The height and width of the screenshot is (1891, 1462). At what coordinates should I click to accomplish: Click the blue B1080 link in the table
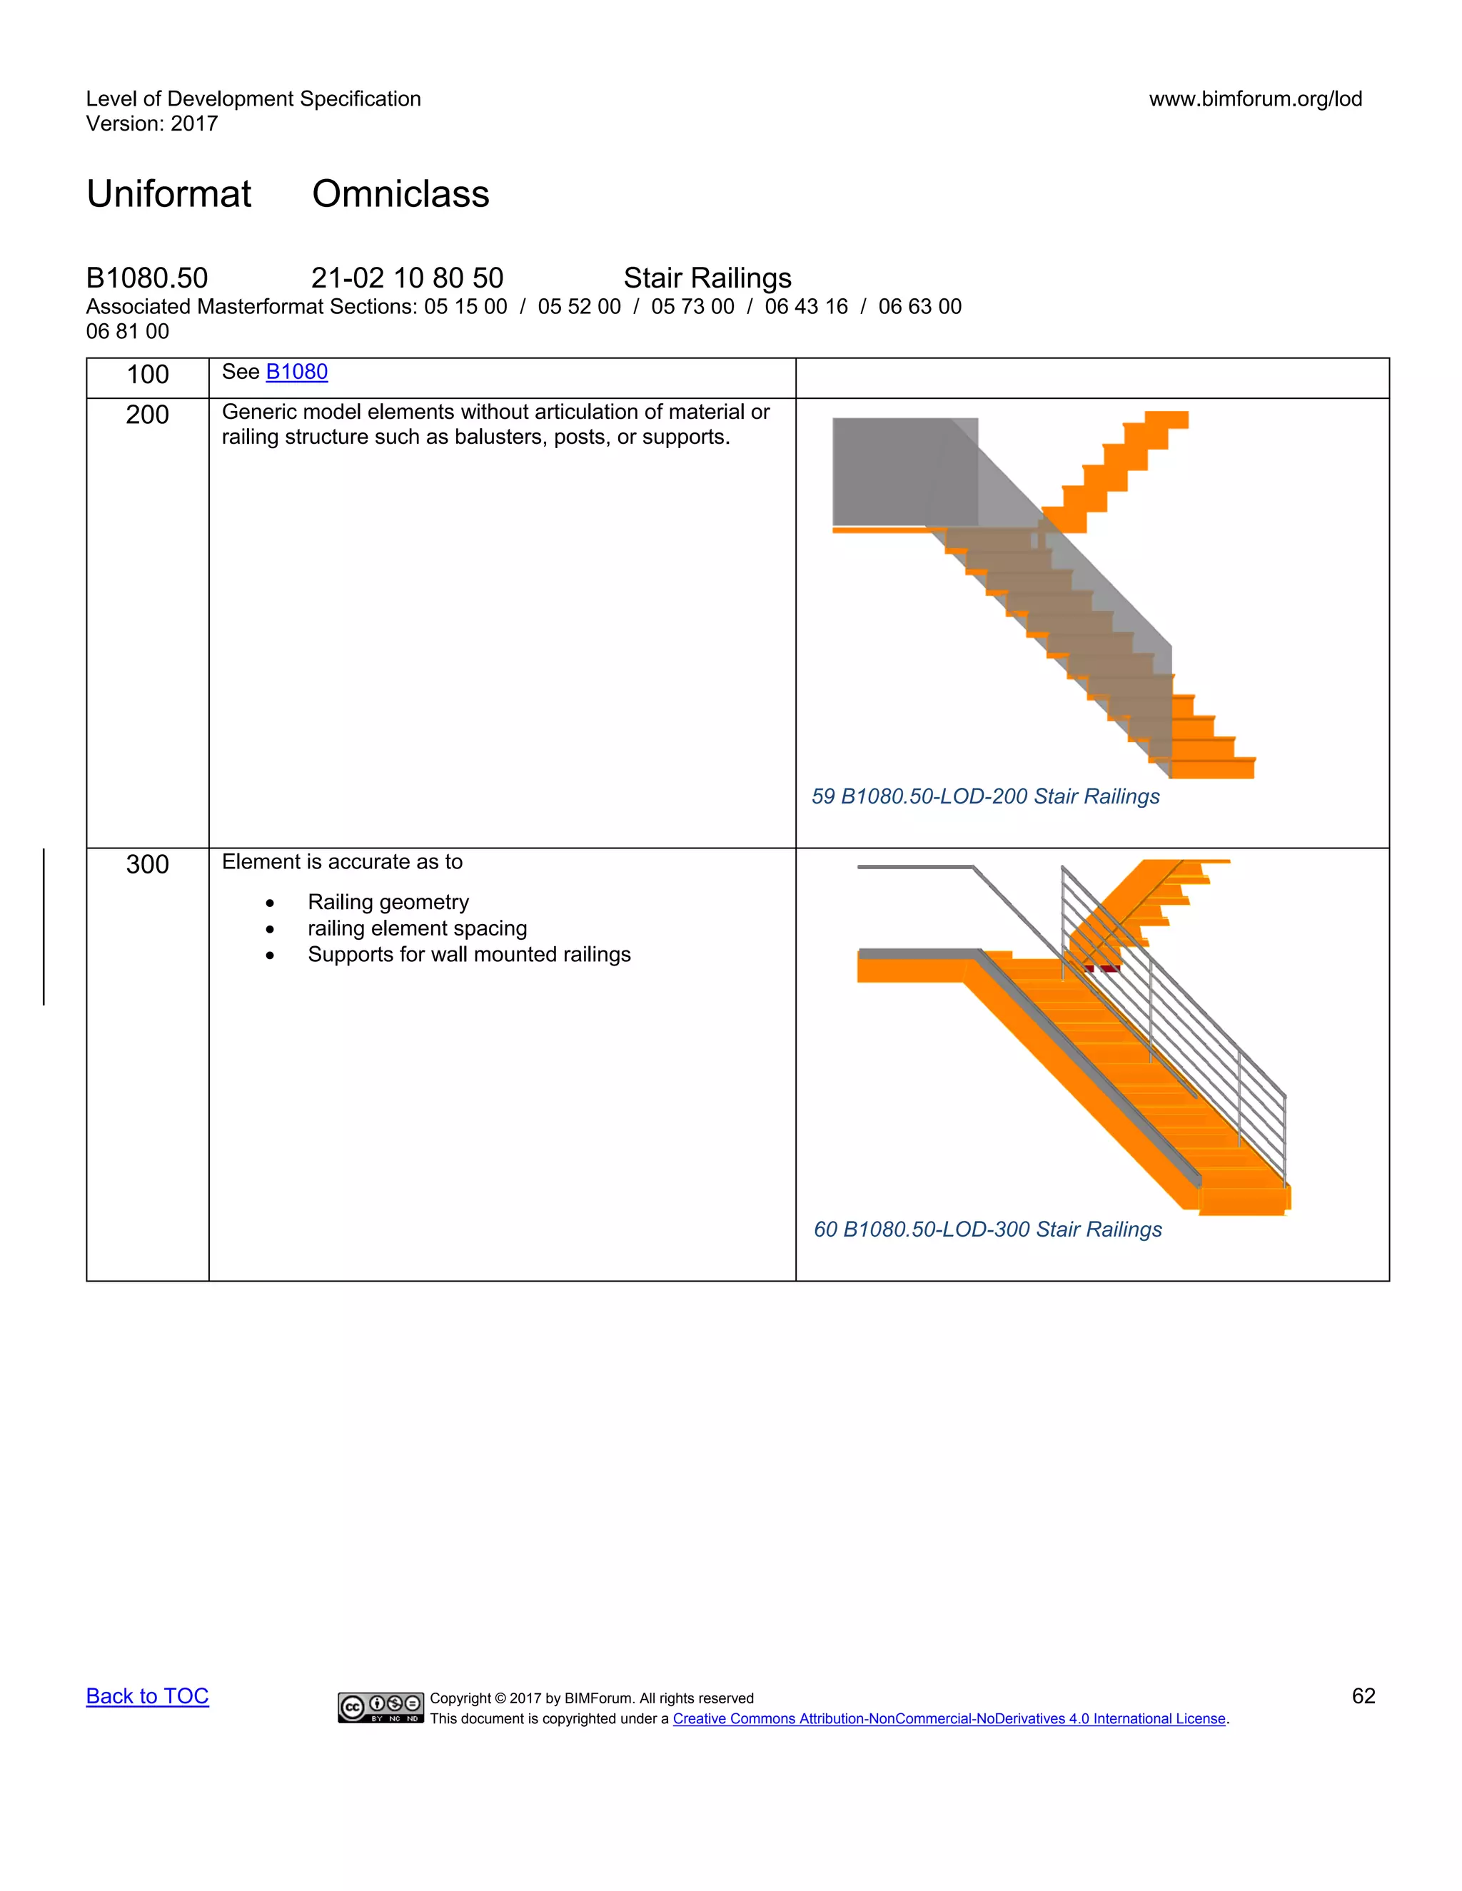click(296, 372)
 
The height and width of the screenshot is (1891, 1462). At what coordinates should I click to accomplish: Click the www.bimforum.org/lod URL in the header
click(1255, 98)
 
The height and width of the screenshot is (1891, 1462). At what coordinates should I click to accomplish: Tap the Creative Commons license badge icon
click(381, 1707)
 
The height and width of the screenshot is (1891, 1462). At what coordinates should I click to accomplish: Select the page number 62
click(1363, 1695)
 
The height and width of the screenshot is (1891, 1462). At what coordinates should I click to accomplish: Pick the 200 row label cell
click(147, 415)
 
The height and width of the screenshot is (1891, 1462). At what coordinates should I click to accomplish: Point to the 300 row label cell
click(147, 864)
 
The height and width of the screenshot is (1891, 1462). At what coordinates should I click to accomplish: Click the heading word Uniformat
click(169, 194)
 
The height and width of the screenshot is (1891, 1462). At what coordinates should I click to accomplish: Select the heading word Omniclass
click(400, 194)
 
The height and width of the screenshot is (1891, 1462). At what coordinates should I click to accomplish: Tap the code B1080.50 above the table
click(147, 278)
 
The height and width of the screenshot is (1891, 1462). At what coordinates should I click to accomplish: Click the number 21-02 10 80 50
click(407, 278)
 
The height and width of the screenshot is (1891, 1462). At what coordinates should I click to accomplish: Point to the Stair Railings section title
click(707, 278)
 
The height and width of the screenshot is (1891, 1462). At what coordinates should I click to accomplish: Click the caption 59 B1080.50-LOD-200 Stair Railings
click(984, 796)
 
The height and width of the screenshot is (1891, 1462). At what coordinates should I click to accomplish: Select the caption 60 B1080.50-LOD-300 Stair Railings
click(987, 1230)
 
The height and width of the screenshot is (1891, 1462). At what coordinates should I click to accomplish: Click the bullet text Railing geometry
click(388, 902)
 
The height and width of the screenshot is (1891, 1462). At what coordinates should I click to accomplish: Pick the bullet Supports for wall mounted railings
click(468, 954)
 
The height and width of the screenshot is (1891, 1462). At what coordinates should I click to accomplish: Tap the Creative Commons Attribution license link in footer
click(949, 1719)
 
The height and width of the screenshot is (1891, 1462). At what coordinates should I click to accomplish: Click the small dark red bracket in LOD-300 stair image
click(1109, 968)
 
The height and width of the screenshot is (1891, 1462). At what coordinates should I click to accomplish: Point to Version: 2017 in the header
click(151, 124)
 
